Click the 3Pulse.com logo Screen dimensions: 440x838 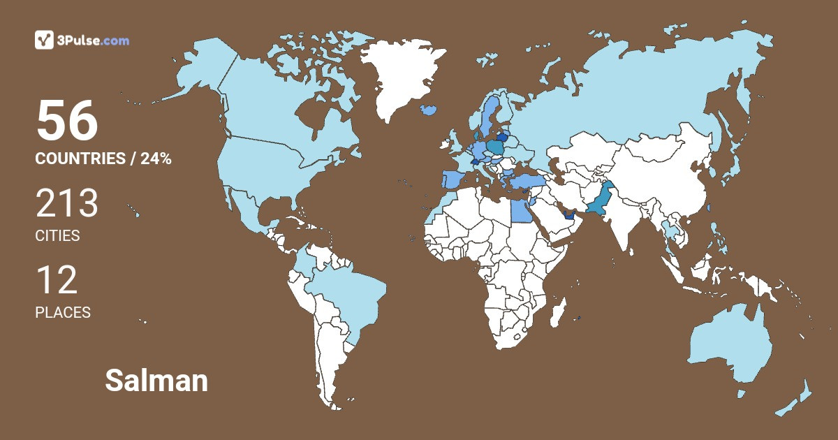pos(82,40)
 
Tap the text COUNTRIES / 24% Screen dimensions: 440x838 pos(103,159)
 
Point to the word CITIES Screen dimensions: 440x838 pos(57,236)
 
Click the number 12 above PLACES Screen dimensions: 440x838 pos(56,281)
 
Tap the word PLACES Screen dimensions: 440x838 pos(63,313)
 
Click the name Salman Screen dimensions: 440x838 pos(156,381)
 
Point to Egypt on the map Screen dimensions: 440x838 pos(520,209)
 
